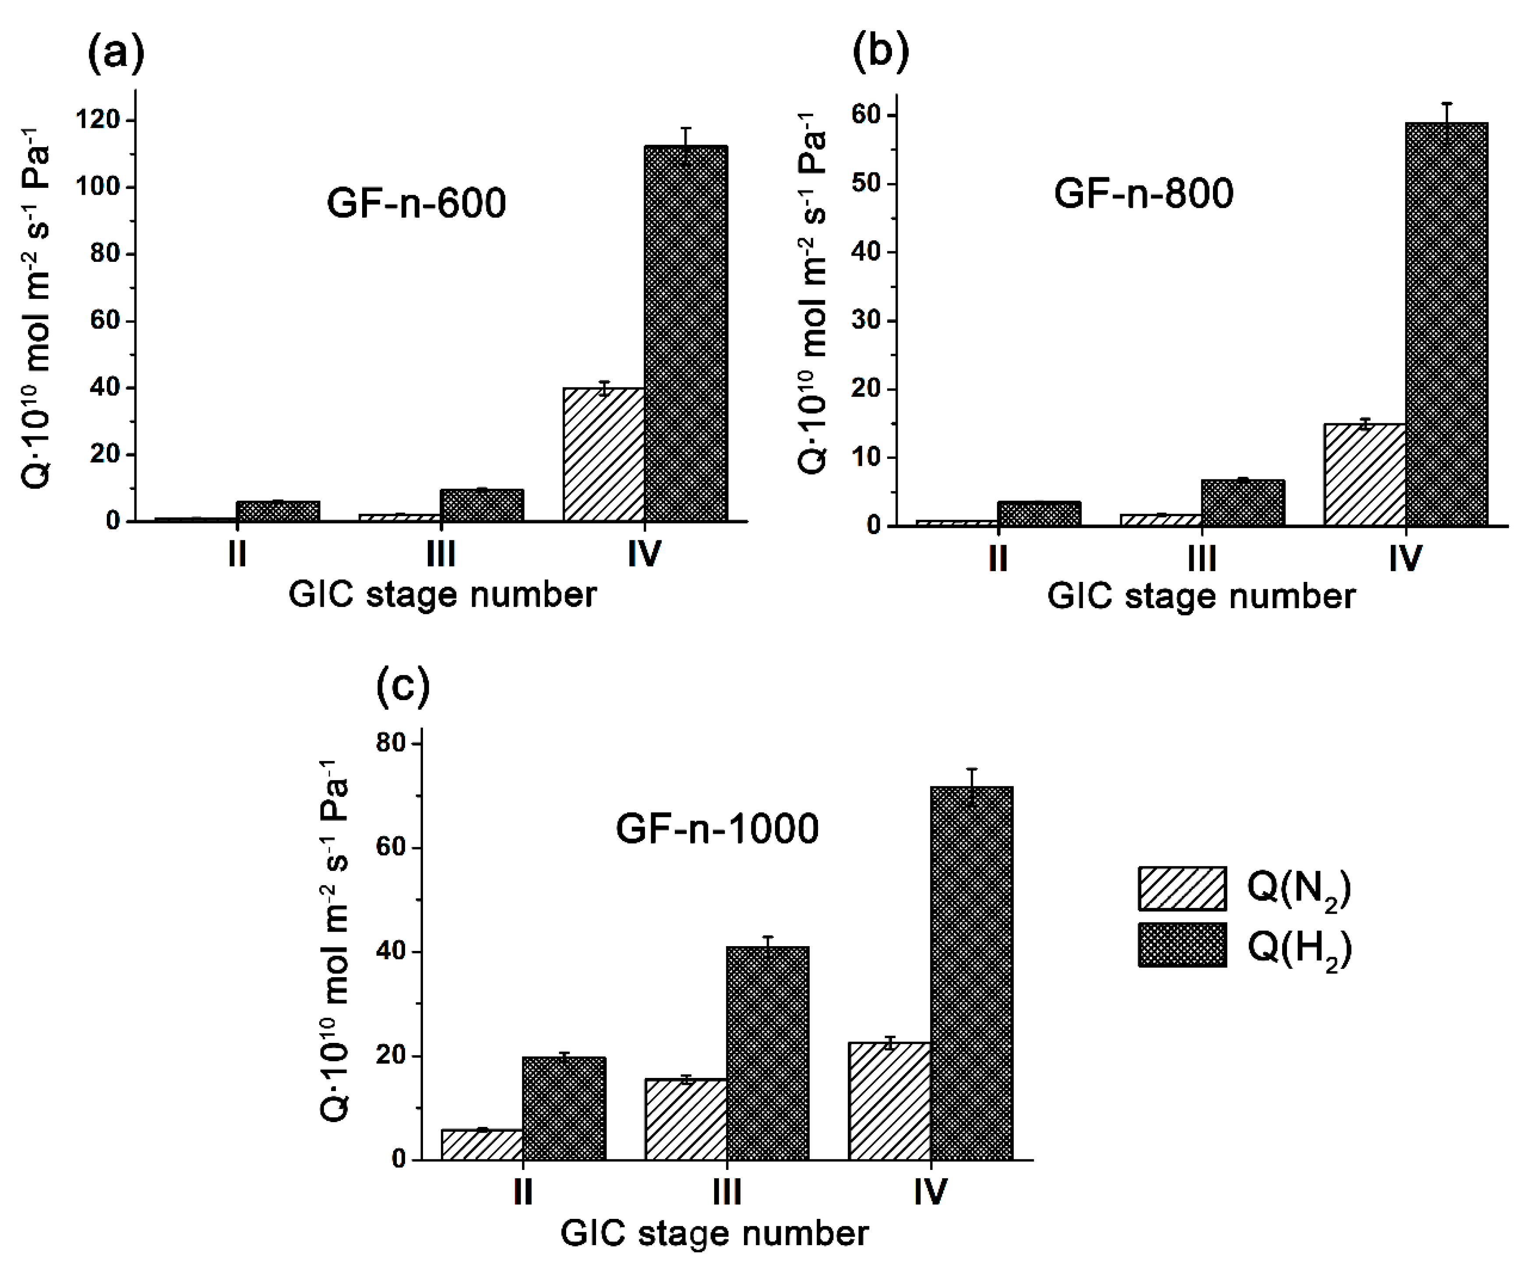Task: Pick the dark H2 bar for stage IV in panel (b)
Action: [x=1446, y=324]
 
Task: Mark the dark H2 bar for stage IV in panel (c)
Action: [x=971, y=973]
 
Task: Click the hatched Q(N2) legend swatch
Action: [x=1182, y=888]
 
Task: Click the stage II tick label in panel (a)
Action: [x=236, y=554]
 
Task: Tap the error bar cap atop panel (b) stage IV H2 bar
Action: [x=1446, y=103]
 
